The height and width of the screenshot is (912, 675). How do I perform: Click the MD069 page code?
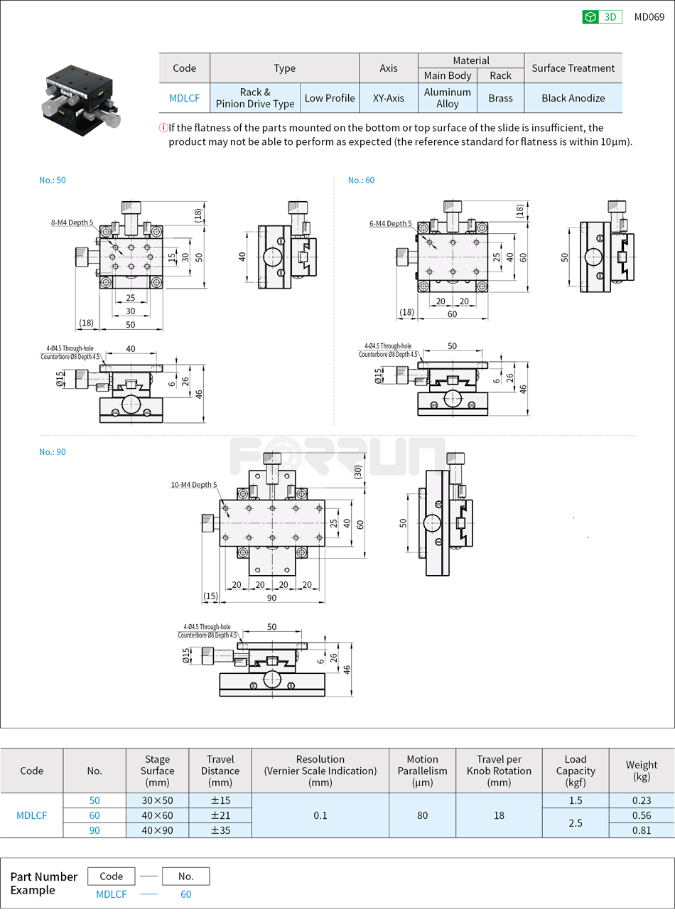(x=649, y=17)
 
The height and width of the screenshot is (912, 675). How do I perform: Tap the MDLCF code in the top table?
(x=184, y=98)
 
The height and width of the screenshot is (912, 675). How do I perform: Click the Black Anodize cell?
(x=573, y=98)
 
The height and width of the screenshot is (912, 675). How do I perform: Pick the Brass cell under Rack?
(x=500, y=98)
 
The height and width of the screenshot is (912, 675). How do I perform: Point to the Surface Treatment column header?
(x=573, y=68)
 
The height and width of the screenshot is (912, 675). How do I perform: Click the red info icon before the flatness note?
(x=163, y=128)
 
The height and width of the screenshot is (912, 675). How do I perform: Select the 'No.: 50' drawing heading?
(x=53, y=180)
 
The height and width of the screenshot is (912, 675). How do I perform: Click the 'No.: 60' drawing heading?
(x=361, y=180)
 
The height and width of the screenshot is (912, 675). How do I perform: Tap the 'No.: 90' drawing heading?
(x=53, y=451)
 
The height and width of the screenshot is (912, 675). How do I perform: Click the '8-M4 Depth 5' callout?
(x=72, y=222)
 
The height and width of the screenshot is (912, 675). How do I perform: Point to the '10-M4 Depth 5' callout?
(x=193, y=485)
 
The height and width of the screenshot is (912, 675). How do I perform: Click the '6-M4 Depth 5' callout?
(x=390, y=223)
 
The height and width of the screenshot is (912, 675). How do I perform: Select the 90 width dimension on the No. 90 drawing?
(x=271, y=598)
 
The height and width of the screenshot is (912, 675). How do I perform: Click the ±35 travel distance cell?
(x=220, y=830)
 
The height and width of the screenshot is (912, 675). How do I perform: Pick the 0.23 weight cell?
(x=641, y=800)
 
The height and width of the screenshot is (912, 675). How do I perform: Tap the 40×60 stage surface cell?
(x=157, y=815)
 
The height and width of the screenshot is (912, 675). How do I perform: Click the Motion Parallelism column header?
(x=422, y=771)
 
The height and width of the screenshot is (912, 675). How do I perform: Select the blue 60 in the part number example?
(x=185, y=894)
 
